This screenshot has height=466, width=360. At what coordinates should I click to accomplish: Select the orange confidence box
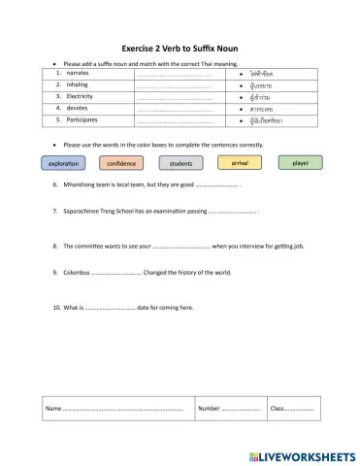coord(121,164)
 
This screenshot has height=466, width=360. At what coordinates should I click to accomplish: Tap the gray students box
coord(180,164)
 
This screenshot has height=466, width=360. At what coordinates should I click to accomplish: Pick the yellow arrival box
coord(241,163)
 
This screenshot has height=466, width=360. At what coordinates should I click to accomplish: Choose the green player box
coord(301,163)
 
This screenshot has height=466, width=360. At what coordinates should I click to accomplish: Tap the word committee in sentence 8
coord(94,247)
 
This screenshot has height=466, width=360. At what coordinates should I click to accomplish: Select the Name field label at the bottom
coord(53,409)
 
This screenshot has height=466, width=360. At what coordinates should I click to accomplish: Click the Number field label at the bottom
coord(210,409)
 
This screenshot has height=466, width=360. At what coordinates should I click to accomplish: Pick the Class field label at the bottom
coord(278,409)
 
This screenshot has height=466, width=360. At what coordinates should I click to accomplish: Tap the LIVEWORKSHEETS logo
coord(302,455)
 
